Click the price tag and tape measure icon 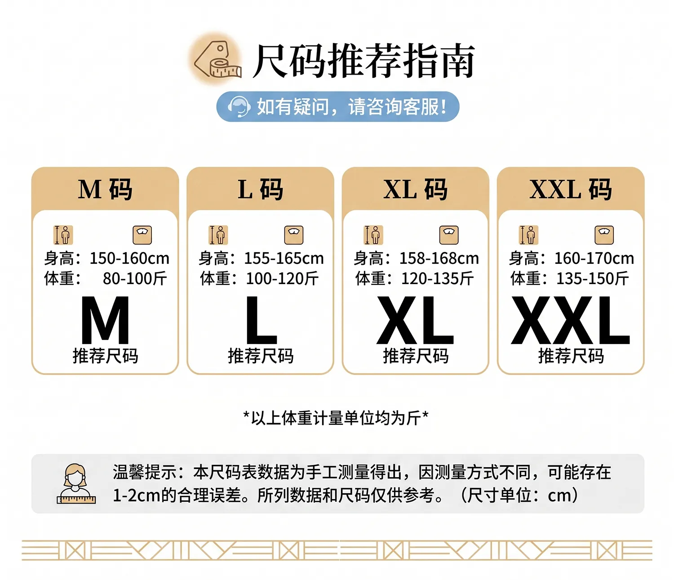217,59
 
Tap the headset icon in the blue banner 239,107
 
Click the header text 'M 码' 105,190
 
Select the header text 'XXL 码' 571,190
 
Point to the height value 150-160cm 129,259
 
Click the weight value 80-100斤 135,279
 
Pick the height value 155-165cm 284,259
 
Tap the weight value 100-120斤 282,279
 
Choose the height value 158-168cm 439,259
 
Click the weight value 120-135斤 437,279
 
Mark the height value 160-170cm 594,259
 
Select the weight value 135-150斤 593,279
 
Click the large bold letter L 262,320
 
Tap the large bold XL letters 415,320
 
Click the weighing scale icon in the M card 142,235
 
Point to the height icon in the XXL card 528,235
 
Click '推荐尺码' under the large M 105,356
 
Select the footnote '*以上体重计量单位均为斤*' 336,418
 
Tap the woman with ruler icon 76,484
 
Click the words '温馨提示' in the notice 145,472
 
